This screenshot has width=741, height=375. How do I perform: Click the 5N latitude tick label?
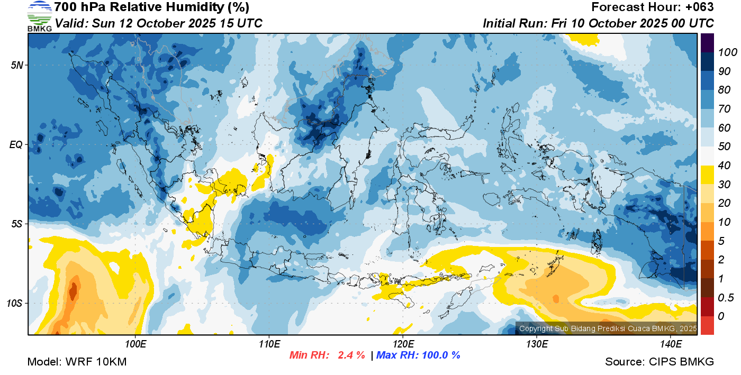(17, 65)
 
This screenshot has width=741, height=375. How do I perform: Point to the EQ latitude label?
(17, 144)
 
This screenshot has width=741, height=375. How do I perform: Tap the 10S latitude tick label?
(15, 304)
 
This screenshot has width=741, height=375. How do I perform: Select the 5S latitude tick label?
(17, 224)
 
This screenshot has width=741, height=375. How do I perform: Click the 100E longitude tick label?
(135, 344)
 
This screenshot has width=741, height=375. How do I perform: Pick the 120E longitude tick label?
(403, 344)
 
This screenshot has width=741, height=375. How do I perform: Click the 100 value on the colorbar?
(723, 52)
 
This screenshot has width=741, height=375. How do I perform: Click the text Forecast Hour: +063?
(653, 7)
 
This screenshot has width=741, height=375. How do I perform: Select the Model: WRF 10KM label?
(77, 362)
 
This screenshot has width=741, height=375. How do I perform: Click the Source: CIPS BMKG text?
(659, 362)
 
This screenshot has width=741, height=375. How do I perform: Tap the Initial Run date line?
(598, 24)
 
